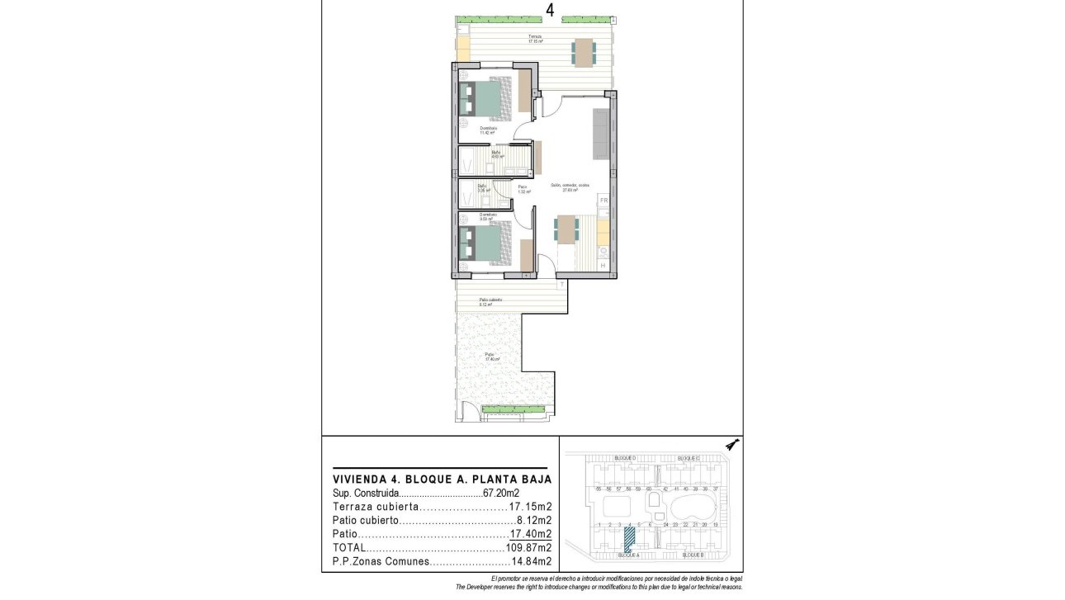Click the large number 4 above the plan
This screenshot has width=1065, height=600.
click(550, 10)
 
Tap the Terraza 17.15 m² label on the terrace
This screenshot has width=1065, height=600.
click(536, 39)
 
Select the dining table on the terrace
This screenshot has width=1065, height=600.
click(584, 53)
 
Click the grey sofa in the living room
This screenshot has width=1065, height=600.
click(600, 134)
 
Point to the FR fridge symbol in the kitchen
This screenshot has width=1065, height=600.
click(603, 201)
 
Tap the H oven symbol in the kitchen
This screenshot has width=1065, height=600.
click(603, 265)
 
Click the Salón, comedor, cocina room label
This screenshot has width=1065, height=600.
click(570, 187)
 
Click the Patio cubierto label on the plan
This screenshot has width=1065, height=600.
click(490, 301)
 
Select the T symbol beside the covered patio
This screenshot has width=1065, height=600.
click(562, 285)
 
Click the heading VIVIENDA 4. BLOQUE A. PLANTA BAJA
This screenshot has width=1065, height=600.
click(441, 479)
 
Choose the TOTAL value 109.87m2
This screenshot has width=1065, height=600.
click(528, 548)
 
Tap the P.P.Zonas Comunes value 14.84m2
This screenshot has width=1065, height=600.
click(528, 562)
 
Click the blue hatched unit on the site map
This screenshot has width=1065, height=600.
click(629, 540)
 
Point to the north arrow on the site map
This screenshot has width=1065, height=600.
click(732, 446)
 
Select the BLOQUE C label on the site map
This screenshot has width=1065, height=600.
click(688, 458)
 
